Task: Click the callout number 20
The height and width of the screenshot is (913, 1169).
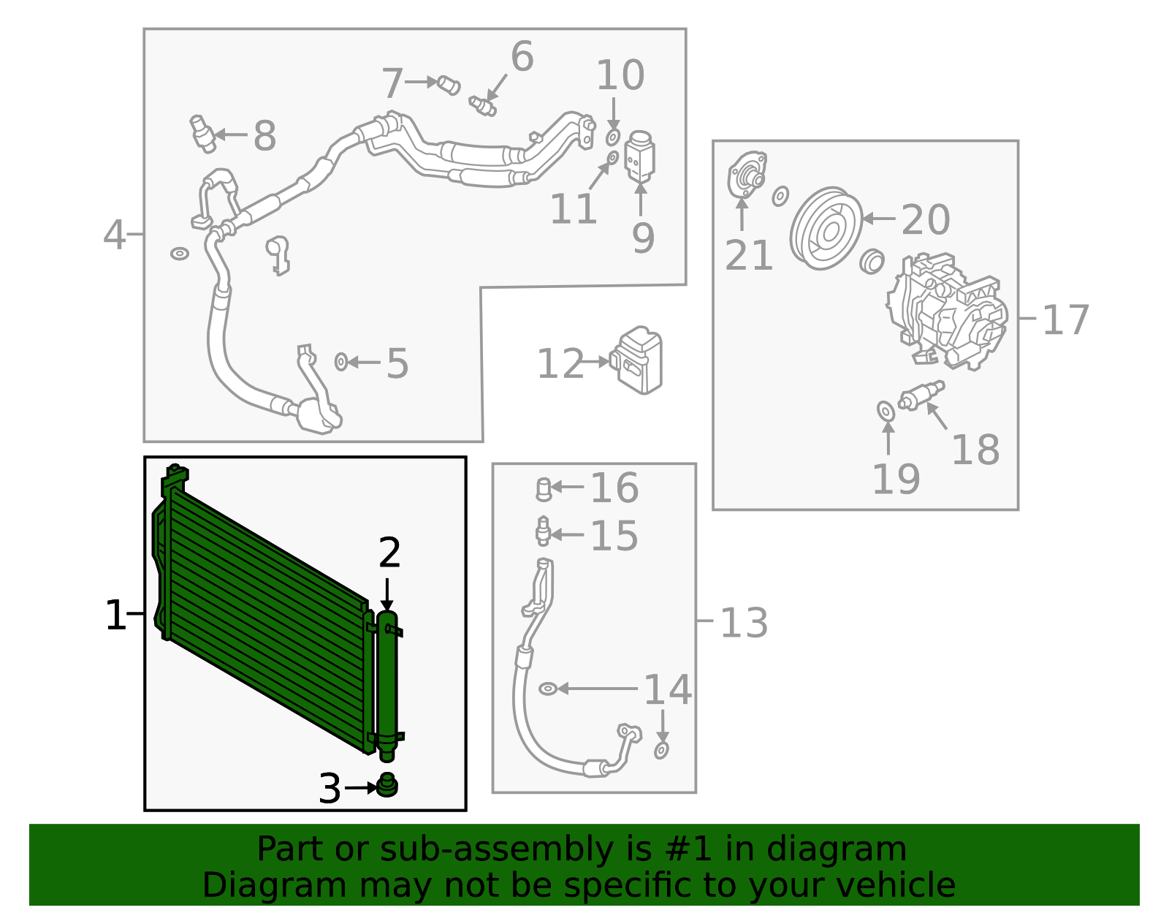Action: (925, 219)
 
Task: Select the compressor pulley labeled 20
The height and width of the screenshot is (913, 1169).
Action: (826, 229)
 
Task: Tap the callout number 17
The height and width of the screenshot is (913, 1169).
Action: (1065, 319)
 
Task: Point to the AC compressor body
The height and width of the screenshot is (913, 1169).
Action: (947, 310)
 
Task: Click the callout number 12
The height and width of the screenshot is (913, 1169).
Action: (560, 363)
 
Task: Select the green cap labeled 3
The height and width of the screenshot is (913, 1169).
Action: (387, 785)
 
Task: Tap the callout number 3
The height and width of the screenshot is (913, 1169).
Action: (330, 789)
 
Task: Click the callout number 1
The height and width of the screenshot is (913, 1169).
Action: (115, 615)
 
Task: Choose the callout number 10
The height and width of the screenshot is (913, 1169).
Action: (620, 75)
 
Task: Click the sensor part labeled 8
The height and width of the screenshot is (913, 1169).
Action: (202, 132)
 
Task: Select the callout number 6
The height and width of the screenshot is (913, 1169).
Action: (522, 56)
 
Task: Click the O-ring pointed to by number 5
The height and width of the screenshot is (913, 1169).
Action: (340, 361)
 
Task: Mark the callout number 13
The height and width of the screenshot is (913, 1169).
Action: (744, 623)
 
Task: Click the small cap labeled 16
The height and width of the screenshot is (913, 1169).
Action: (544, 489)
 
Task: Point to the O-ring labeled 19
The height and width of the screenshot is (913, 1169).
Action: (886, 412)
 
